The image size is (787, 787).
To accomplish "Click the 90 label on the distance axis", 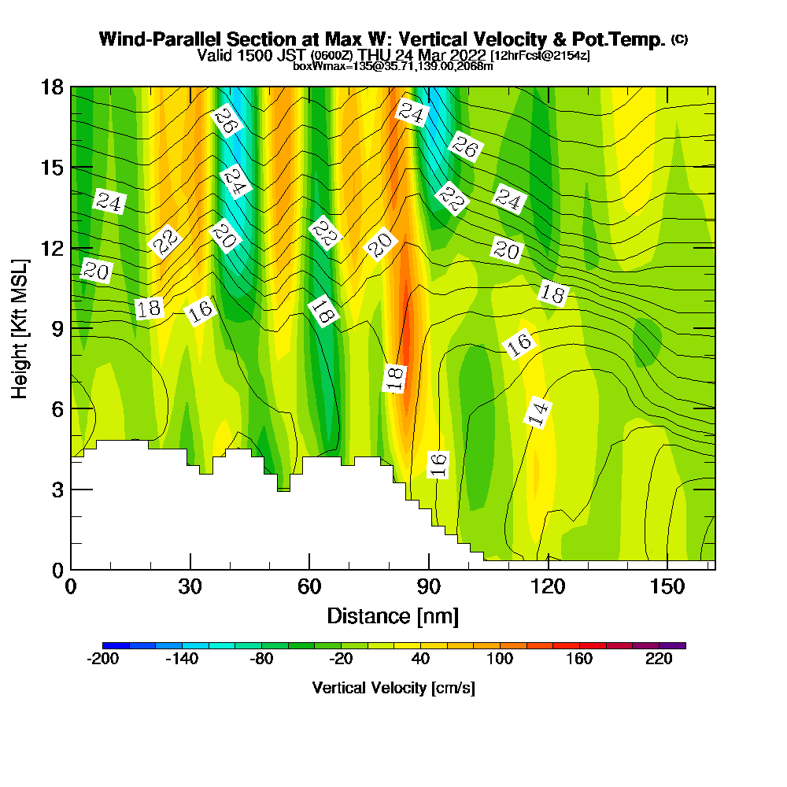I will (429, 586).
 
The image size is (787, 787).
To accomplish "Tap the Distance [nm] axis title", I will (393, 615).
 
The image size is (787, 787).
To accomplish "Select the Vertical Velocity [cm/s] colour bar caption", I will (393, 688).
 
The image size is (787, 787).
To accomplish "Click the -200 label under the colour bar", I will (102, 660).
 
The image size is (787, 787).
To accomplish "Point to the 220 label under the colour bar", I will (659, 660).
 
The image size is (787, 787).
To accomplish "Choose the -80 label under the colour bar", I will (261, 660).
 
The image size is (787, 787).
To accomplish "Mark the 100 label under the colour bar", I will (500, 660).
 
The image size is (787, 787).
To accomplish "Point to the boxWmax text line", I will (393, 66).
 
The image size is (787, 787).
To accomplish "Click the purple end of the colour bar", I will (678, 645).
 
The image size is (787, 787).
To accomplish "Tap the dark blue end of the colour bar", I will (109, 645).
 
